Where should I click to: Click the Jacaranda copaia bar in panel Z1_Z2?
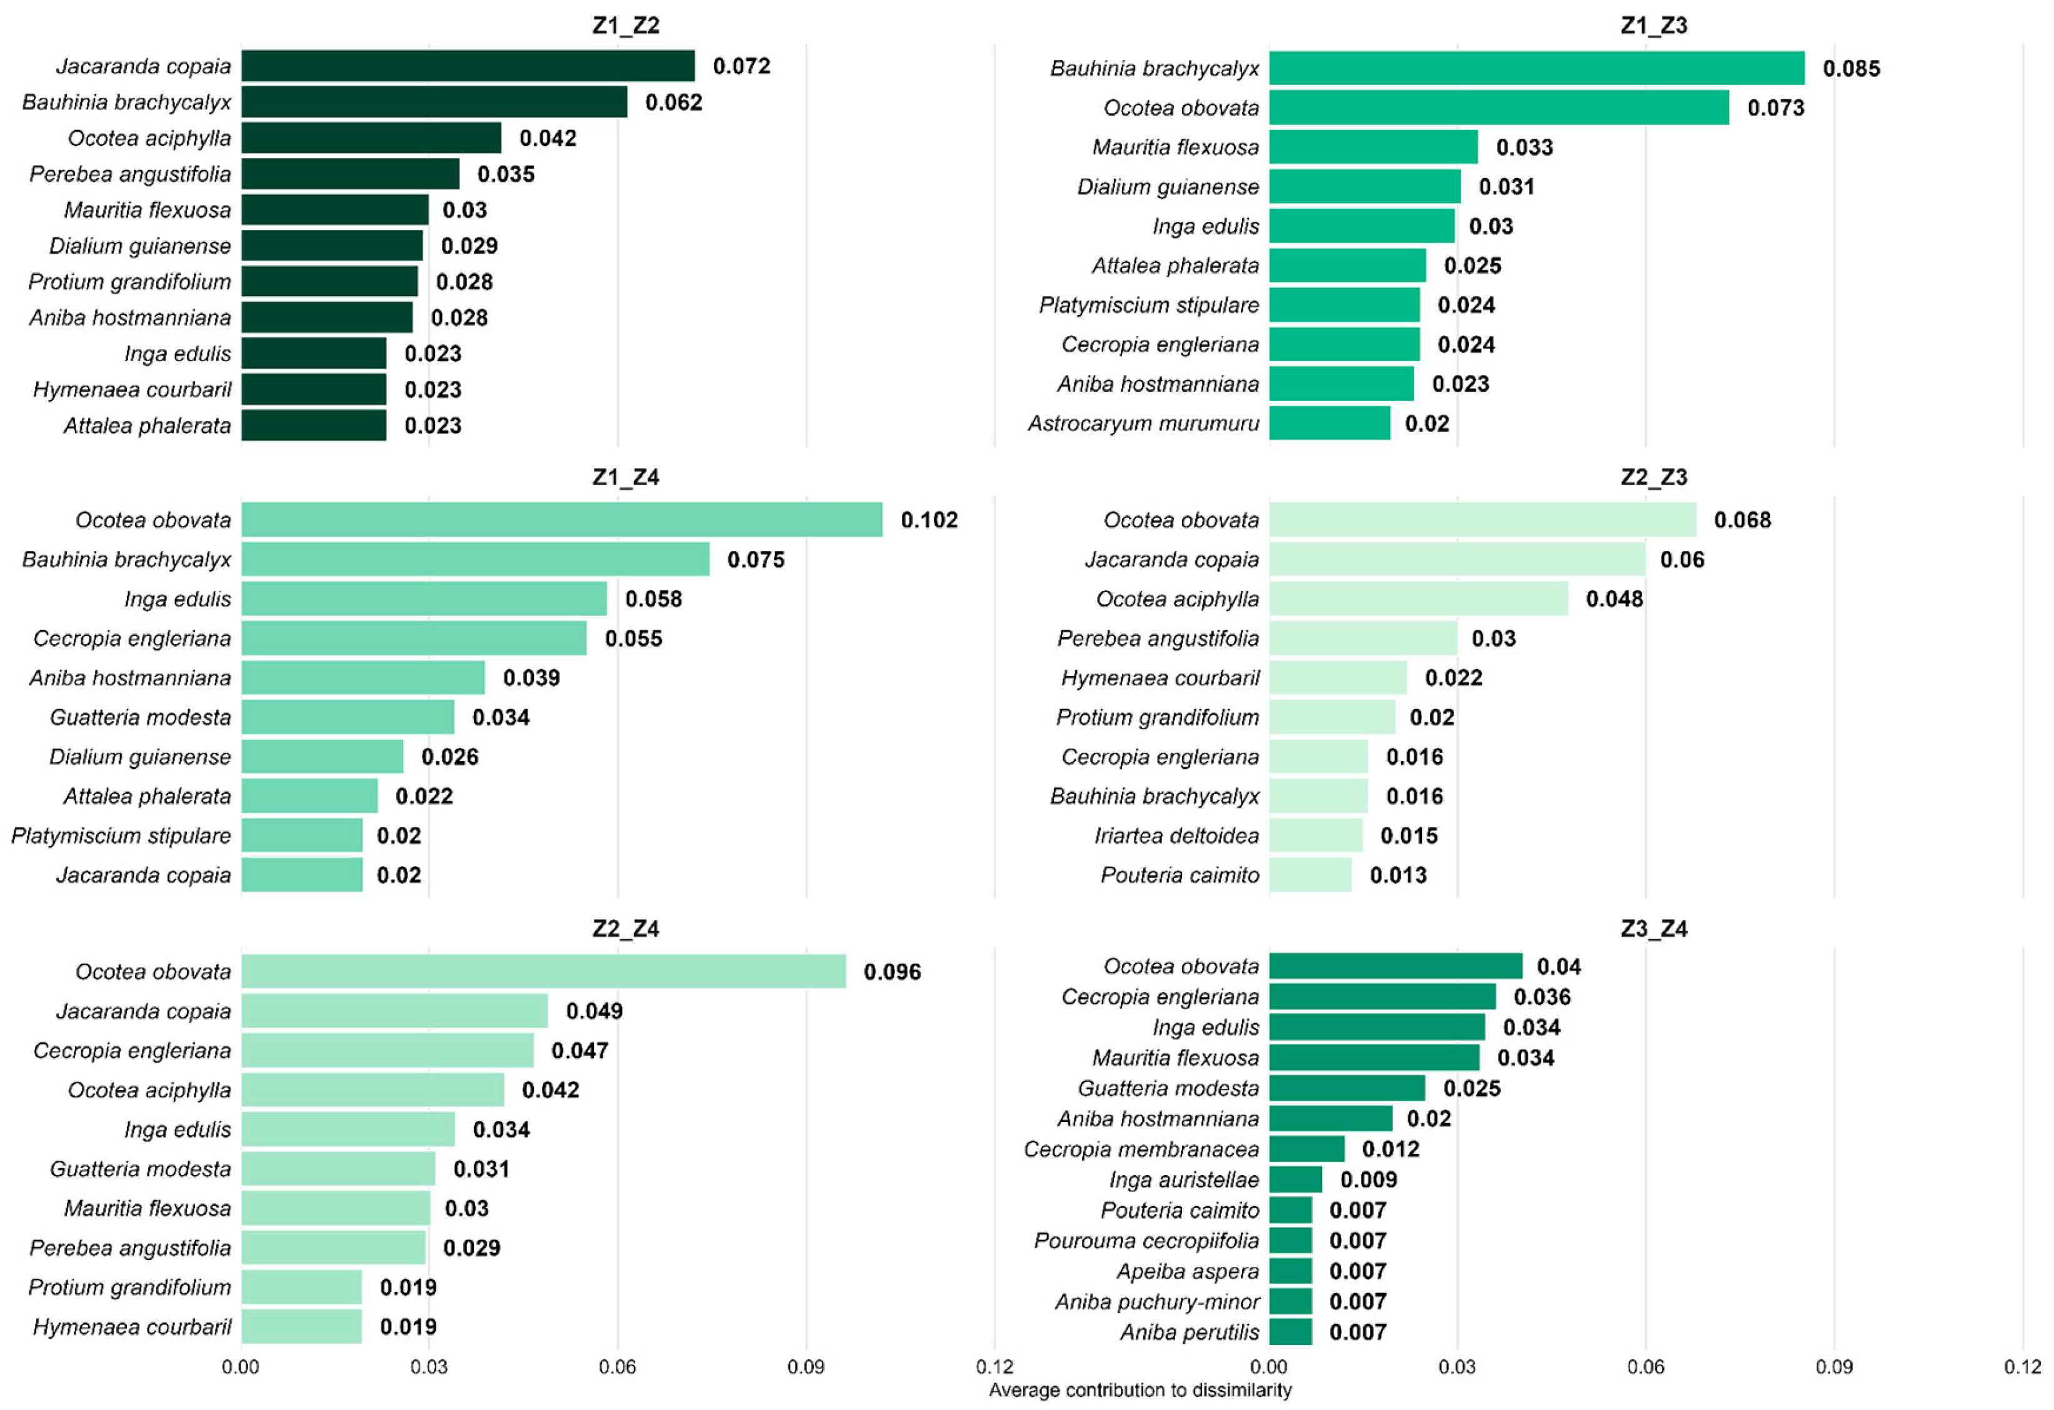(x=468, y=66)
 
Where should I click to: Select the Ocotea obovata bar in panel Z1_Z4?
(x=562, y=520)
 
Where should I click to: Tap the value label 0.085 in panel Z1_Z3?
(x=1851, y=69)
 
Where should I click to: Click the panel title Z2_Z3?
(x=1653, y=478)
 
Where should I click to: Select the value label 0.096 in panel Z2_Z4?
(x=893, y=973)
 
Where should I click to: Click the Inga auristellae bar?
(x=1296, y=1180)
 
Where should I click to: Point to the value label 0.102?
(x=929, y=520)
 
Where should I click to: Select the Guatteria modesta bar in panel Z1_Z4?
(x=348, y=717)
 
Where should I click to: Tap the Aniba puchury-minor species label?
(x=1157, y=1302)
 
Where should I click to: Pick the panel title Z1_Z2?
(x=626, y=26)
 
